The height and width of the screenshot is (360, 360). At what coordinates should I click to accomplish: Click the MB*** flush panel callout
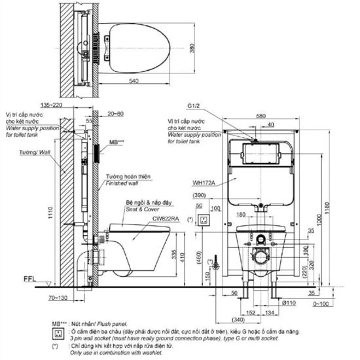[x=117, y=141]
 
